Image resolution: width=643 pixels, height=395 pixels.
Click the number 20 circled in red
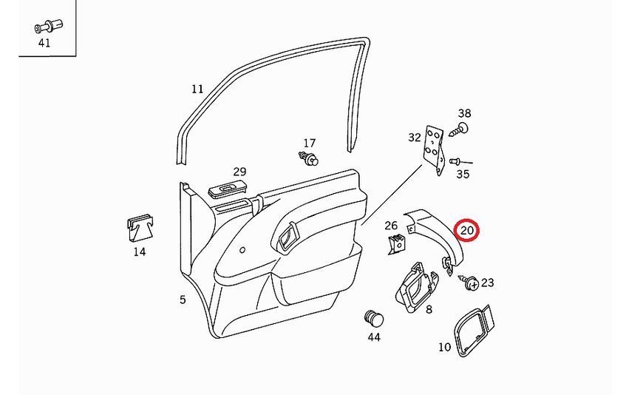pos(467,230)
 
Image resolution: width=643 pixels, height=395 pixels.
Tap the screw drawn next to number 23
pos(469,282)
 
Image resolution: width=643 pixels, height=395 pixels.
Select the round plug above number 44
pos(373,318)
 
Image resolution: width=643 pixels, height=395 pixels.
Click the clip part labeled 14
pos(140,228)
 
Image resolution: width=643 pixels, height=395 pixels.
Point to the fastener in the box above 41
pos(48,27)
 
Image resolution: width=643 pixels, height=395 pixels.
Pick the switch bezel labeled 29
pos(228,189)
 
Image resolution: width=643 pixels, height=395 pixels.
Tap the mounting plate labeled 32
pos(434,150)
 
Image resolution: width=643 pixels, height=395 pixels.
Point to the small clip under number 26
pos(397,244)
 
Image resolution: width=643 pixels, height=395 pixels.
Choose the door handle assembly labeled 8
pos(417,287)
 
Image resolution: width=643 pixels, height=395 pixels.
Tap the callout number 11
pos(197,89)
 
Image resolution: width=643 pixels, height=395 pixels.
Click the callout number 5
pos(183,300)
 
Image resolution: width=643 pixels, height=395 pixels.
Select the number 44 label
pos(373,337)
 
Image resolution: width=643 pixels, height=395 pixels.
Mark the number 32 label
pos(415,138)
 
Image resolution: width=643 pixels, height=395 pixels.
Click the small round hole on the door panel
pos(242,249)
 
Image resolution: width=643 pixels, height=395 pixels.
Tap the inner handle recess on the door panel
pos(287,237)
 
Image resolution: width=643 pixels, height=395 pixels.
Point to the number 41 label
pos(44,43)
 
